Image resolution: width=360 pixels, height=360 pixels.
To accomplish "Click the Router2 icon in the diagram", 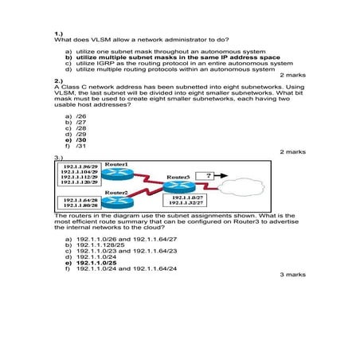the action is pos(116,205).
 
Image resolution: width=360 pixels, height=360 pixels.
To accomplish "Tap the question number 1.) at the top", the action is pos(59,33).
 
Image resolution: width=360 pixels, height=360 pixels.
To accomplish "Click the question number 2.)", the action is pos(59,80).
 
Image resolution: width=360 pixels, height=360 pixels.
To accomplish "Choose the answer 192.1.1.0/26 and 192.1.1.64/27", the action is pos(125,237).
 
